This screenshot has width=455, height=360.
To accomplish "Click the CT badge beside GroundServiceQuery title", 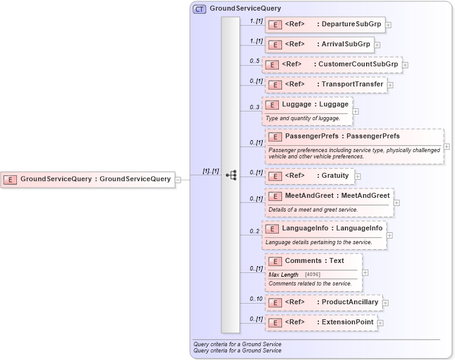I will point(200,9).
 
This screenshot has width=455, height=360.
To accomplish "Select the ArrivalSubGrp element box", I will point(320,44).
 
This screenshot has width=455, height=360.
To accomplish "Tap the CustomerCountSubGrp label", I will point(358,64).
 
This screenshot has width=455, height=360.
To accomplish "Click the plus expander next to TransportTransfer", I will point(390,85).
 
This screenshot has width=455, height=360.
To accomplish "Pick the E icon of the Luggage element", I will point(272,105).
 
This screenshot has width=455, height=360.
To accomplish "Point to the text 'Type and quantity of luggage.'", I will point(303,118).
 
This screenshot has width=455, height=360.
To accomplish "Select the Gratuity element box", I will point(310,176).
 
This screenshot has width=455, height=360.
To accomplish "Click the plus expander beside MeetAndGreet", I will point(397,203).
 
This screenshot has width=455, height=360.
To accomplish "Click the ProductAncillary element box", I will point(323,302).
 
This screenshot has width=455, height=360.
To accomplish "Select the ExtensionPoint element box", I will point(320,322).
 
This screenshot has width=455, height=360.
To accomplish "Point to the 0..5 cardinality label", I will point(254,61).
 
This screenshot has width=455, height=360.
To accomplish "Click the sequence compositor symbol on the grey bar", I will point(231,175).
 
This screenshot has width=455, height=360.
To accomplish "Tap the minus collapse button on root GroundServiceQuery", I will point(179,180).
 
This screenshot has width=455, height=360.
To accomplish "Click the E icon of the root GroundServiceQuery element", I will point(11,180).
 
